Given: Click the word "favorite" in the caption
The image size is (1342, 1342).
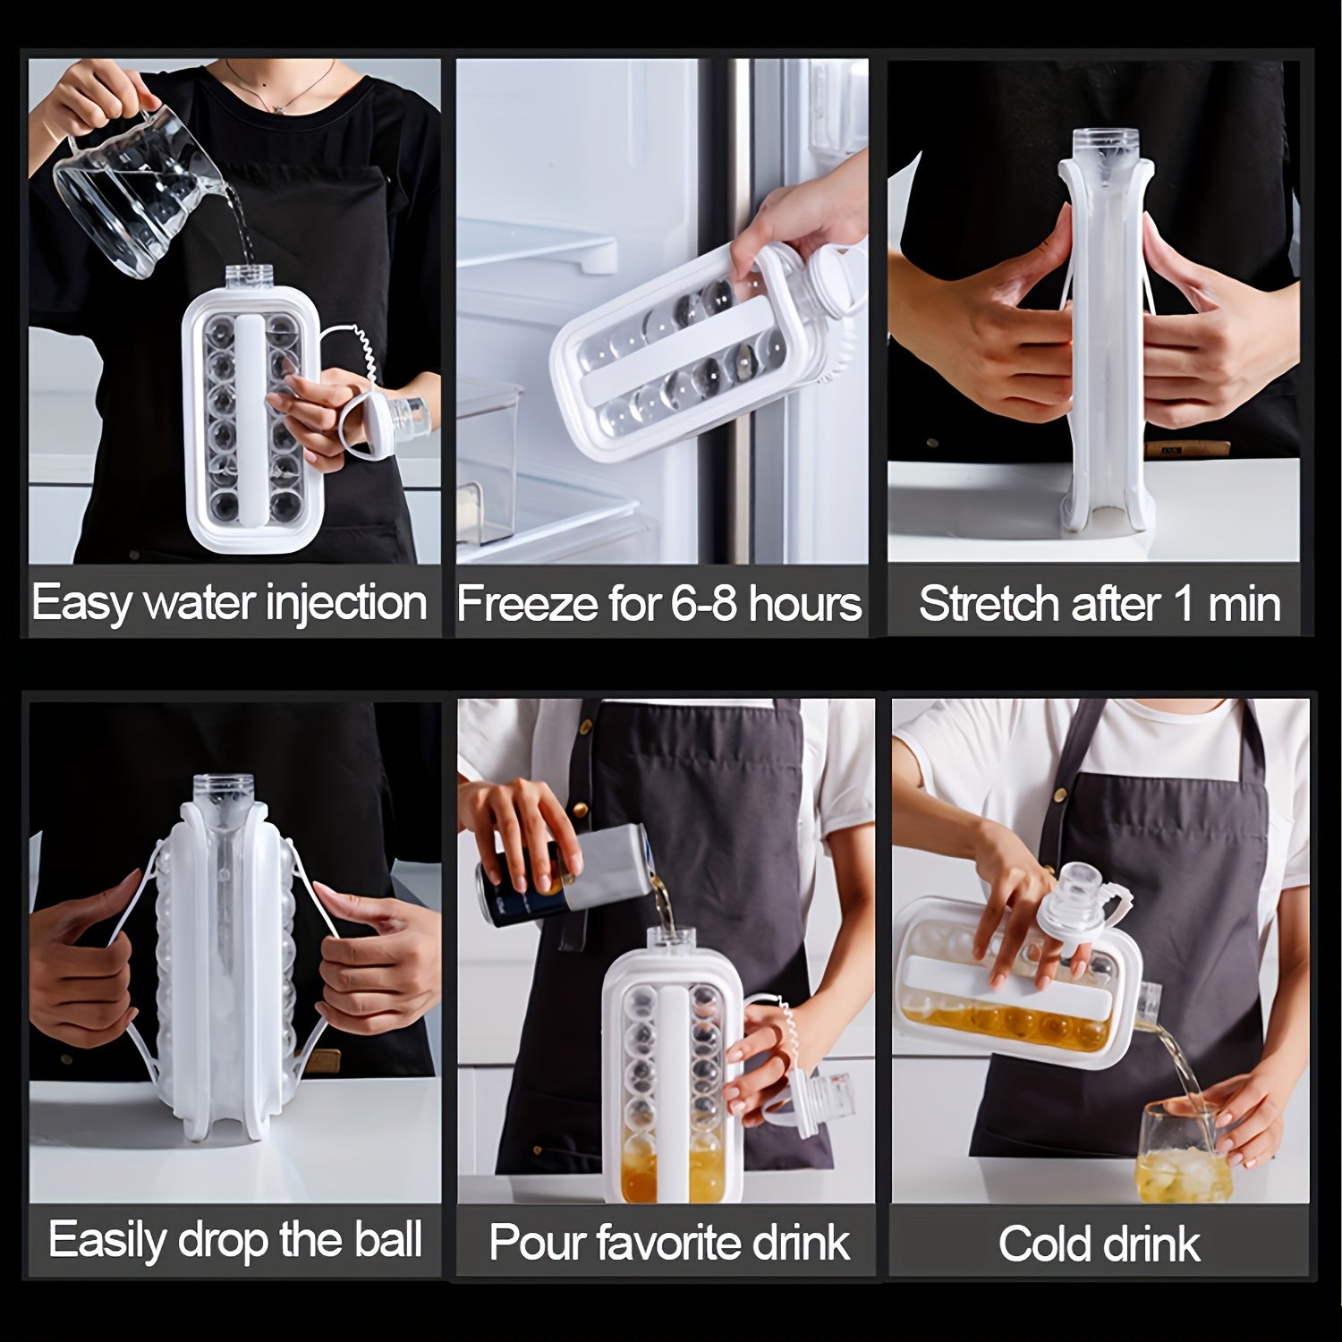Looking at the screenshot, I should tap(676, 1243).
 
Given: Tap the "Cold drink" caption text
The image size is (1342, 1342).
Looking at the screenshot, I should tap(1100, 1244).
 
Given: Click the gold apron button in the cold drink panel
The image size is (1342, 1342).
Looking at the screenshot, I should tap(1060, 794).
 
